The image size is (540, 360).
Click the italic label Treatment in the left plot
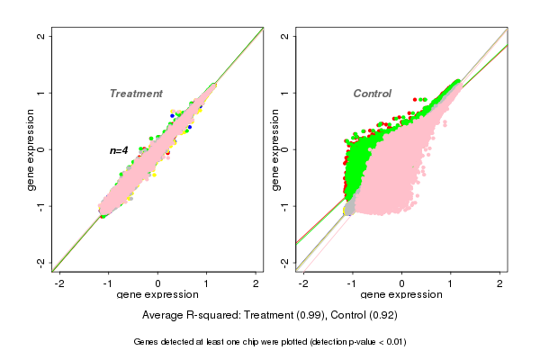click(136, 94)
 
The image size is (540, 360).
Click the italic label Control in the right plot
click(372, 94)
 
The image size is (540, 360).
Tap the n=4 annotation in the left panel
click(120, 150)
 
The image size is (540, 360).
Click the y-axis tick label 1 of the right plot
click(285, 93)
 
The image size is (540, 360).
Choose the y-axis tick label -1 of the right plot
click(285, 206)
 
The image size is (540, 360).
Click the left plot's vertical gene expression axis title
click(31, 149)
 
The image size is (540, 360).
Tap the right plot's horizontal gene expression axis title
click(401, 295)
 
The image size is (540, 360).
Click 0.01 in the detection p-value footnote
click(391, 342)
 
